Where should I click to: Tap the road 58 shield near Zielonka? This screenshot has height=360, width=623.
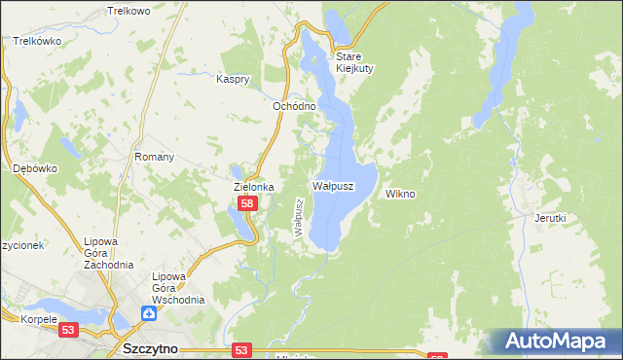(x=248, y=203)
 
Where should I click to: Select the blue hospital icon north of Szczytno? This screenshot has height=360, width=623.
(x=148, y=313)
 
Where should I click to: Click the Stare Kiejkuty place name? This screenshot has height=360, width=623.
(x=355, y=62)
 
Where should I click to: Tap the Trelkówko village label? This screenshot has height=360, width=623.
(x=37, y=41)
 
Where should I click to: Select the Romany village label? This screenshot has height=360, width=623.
(x=154, y=157)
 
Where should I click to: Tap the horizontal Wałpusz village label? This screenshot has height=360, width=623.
(x=332, y=184)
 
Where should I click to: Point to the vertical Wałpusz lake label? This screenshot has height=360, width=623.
(x=300, y=216)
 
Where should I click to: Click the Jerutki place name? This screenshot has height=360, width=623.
(x=550, y=218)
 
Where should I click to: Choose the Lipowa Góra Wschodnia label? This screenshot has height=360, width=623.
(x=177, y=288)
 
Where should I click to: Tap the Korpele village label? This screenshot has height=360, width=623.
(x=40, y=319)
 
